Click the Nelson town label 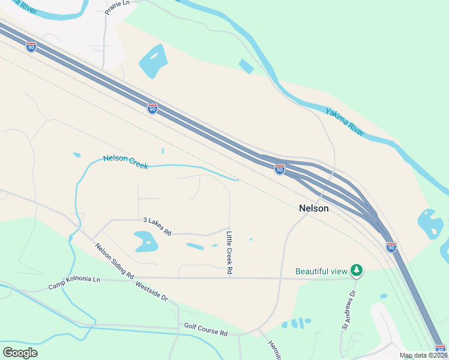click(x=314, y=208)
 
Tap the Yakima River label click(x=345, y=121)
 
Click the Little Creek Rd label click(x=229, y=252)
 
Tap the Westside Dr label click(x=151, y=290)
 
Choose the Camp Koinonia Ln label click(x=74, y=283)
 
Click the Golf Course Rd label click(x=206, y=332)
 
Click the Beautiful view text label click(x=322, y=271)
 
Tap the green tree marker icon click(x=357, y=271)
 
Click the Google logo click(x=20, y=353)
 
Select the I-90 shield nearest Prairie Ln click(x=31, y=46)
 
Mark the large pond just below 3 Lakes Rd click(x=146, y=242)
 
